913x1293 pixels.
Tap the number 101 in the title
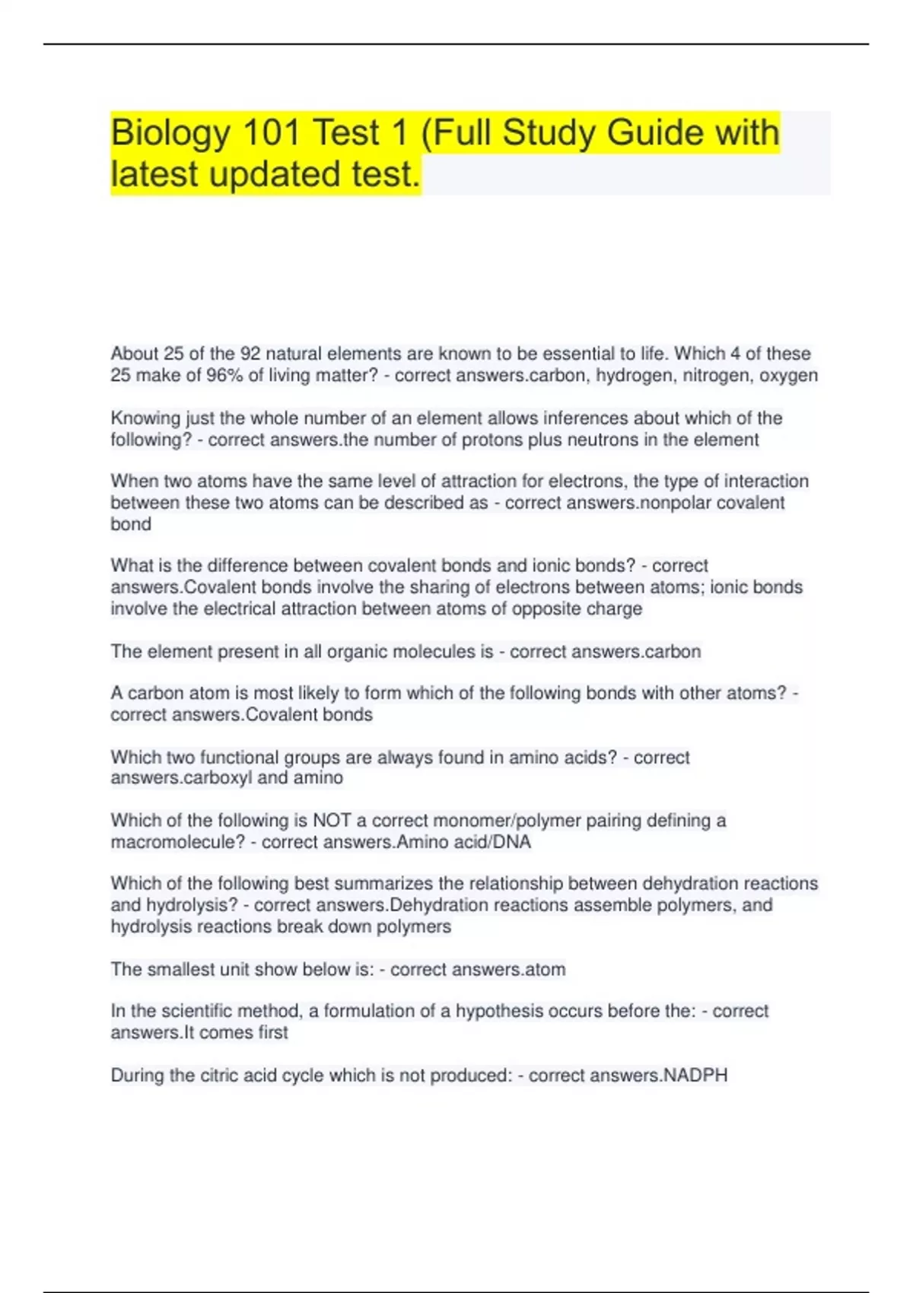click(x=270, y=132)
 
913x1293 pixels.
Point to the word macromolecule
click(x=175, y=842)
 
